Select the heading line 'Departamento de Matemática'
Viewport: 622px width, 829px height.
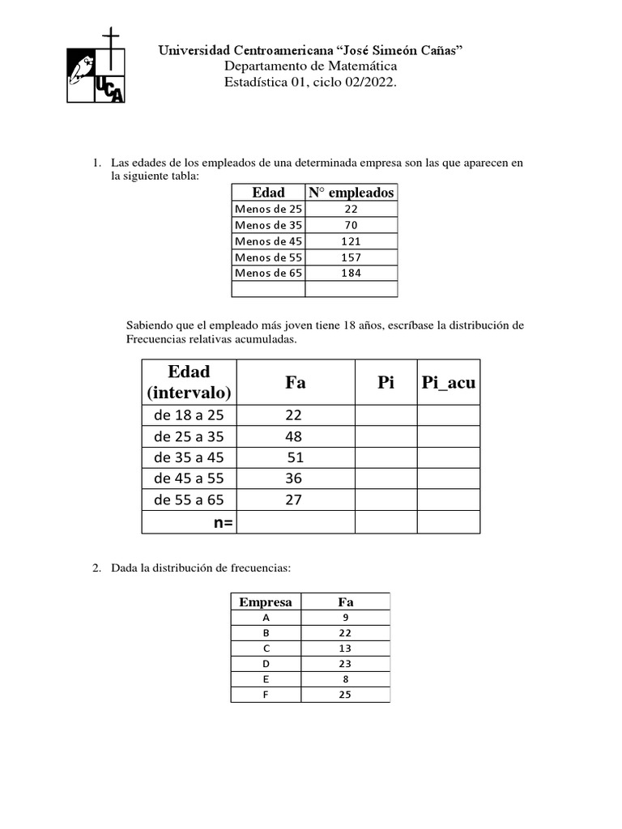pyautogui.click(x=310, y=66)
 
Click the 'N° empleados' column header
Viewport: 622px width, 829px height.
pyautogui.click(x=351, y=193)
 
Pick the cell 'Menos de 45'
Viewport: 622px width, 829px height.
pyautogui.click(x=267, y=241)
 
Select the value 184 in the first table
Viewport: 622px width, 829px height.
pyautogui.click(x=351, y=273)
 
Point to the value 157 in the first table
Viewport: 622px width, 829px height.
pyautogui.click(x=351, y=257)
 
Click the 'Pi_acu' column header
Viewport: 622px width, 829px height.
pyautogui.click(x=449, y=383)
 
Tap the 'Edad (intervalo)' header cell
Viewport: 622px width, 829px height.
pyautogui.click(x=190, y=382)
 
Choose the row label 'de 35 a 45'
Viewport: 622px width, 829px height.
pyautogui.click(x=189, y=457)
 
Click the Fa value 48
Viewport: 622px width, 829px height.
pyautogui.click(x=293, y=436)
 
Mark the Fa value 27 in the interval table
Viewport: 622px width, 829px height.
pyautogui.click(x=293, y=500)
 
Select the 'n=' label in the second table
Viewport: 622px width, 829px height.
pyautogui.click(x=223, y=523)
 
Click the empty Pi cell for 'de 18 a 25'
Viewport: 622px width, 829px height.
pyautogui.click(x=386, y=415)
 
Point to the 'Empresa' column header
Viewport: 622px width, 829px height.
pyautogui.click(x=266, y=602)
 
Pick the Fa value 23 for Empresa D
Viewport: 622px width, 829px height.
pyautogui.click(x=345, y=664)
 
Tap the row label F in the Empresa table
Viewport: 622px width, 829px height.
pyautogui.click(x=266, y=695)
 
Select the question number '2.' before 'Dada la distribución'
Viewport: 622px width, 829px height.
pyautogui.click(x=97, y=570)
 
